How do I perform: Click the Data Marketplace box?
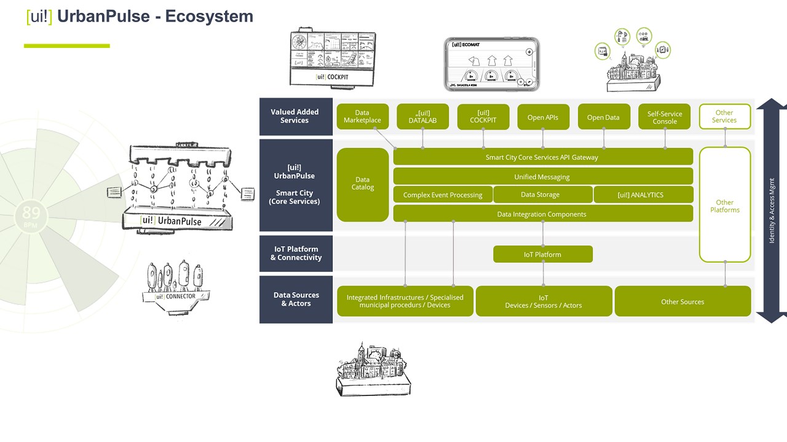(362, 117)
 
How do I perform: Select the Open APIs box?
(543, 117)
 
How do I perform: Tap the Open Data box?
(603, 117)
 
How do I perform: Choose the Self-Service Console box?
(665, 117)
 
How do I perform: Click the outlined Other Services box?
(724, 117)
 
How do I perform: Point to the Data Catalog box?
(363, 184)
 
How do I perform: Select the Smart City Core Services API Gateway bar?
(542, 157)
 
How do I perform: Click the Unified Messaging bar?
(542, 177)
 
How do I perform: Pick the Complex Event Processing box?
(443, 195)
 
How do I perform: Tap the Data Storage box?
(540, 195)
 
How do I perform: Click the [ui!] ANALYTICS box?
(643, 195)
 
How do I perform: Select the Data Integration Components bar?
(542, 214)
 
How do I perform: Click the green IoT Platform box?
(542, 254)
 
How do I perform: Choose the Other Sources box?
(682, 301)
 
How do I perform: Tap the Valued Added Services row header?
(295, 116)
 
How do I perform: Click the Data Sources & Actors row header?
(296, 299)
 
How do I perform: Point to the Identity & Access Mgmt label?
(772, 211)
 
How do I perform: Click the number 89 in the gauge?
(31, 213)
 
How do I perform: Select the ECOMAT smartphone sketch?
(491, 64)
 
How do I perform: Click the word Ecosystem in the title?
(209, 17)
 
